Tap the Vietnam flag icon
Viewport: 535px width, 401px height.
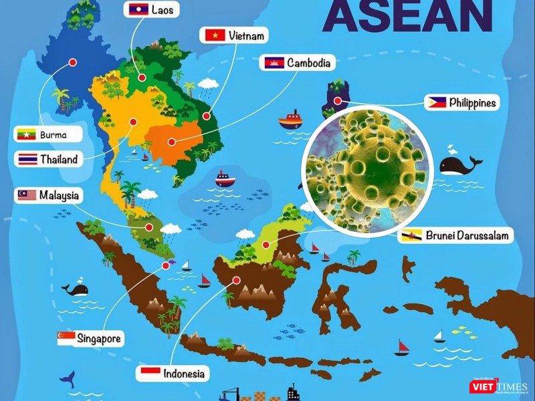[215, 35]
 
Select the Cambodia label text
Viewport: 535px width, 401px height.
[308, 63]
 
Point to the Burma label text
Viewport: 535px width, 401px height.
[53, 134]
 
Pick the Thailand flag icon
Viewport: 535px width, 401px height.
[27, 160]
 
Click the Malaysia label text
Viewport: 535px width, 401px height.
[59, 195]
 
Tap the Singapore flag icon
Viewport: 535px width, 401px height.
[66, 339]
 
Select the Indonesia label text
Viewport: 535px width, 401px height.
[185, 373]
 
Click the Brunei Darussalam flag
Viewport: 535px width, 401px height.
[409, 236]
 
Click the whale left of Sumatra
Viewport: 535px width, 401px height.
[75, 289]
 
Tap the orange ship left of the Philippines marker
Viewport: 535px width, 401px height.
[290, 120]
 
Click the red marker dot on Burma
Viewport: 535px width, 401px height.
[72, 62]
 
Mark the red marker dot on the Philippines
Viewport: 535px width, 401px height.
[339, 102]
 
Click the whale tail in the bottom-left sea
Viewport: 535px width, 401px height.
[67, 379]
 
